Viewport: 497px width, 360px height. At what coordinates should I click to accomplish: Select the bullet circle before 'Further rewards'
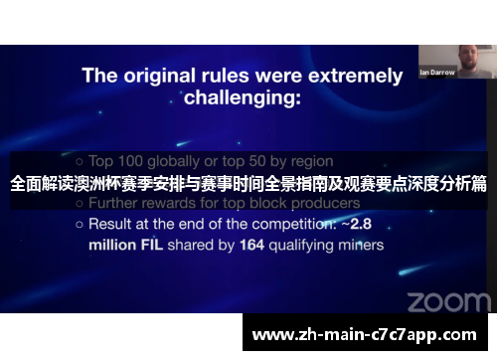[x=81, y=204]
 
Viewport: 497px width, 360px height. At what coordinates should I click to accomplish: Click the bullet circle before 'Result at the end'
[x=81, y=225]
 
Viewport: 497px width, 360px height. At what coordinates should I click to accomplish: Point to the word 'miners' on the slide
[x=359, y=244]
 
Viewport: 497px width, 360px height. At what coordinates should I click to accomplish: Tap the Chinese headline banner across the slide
[x=248, y=184]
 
